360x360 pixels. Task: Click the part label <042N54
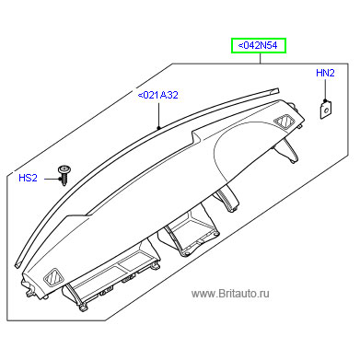[x=258, y=45]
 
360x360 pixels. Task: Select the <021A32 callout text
[x=158, y=95]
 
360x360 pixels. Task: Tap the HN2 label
[x=325, y=73]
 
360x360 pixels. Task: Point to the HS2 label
[x=28, y=178]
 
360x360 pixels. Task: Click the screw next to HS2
[x=64, y=175]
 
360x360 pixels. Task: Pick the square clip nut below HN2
[x=326, y=109]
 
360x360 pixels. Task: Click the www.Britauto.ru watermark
[x=230, y=294]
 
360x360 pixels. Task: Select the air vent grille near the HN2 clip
[x=285, y=122]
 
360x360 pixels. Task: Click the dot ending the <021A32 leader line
[x=158, y=127]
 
